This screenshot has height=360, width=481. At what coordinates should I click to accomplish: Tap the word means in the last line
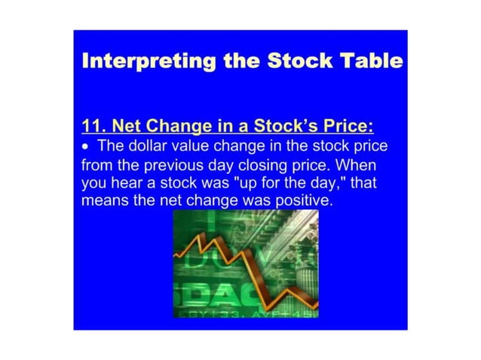pyautogui.click(x=103, y=201)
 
